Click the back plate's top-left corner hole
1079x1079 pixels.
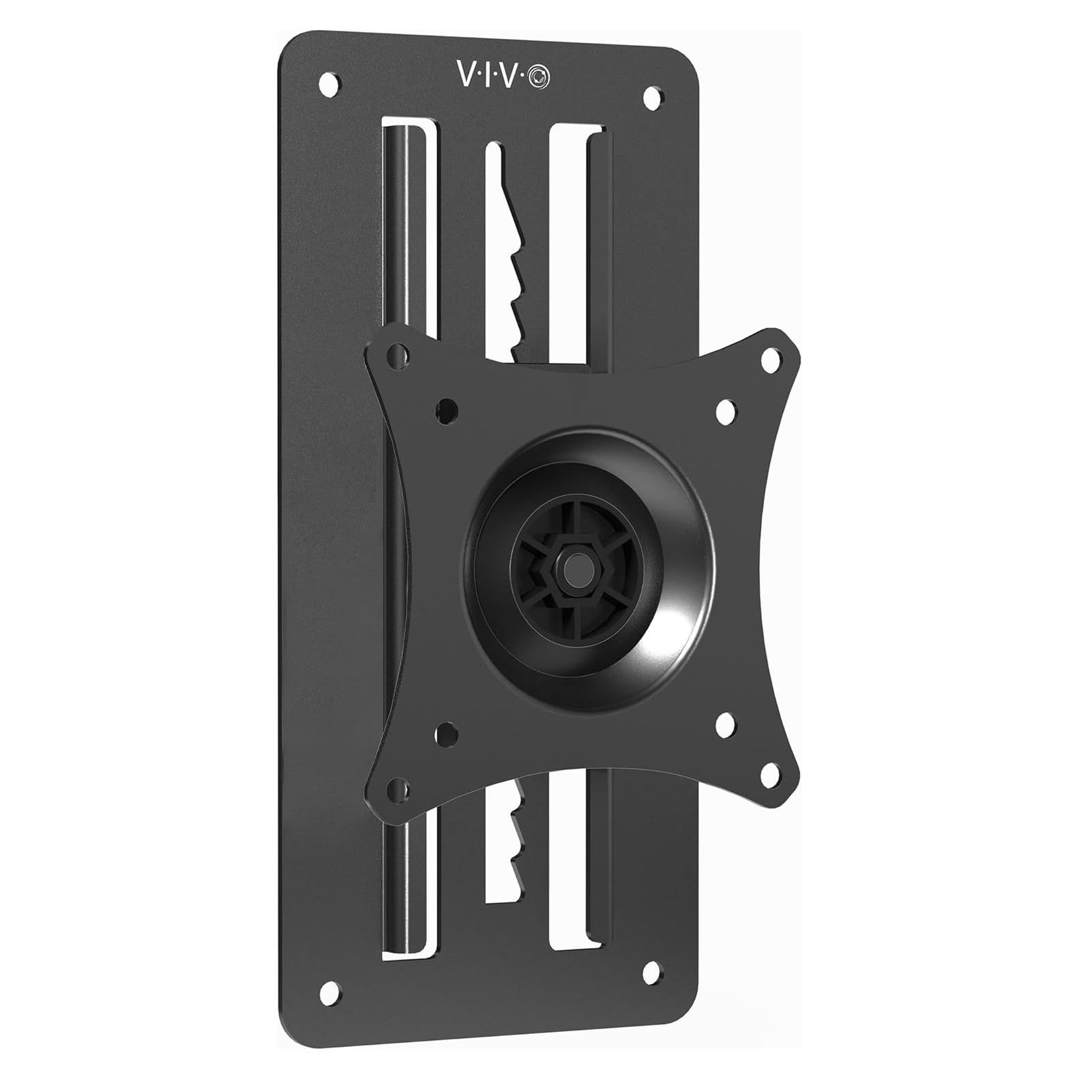point(329,83)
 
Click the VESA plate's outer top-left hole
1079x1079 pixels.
point(395,355)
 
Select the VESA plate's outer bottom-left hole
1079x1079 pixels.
point(395,790)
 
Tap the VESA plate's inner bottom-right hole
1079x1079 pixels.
point(725,721)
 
